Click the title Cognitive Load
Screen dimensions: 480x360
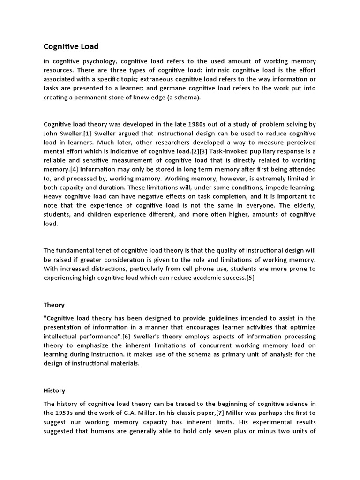pyautogui.click(x=71, y=46)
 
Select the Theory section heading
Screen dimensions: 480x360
pyautogui.click(x=54, y=305)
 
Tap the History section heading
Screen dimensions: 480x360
pyautogui.click(x=54, y=390)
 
